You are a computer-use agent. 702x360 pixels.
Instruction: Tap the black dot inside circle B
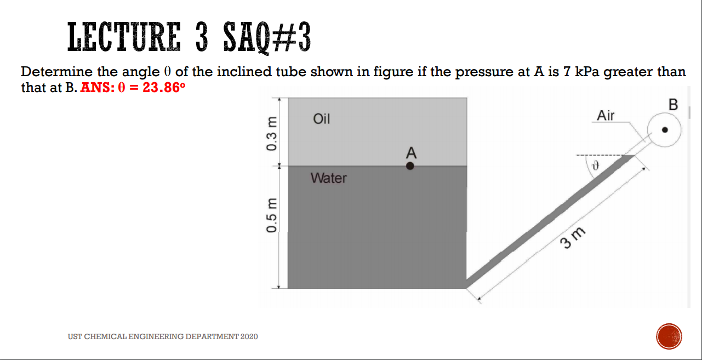(x=665, y=130)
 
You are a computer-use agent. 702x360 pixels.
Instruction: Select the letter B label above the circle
(x=674, y=104)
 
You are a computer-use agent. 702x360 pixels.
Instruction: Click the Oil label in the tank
(x=321, y=119)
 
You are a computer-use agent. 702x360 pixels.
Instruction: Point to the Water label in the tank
(x=328, y=178)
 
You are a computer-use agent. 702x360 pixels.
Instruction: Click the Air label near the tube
(x=606, y=116)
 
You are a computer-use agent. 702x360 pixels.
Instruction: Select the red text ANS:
(x=96, y=88)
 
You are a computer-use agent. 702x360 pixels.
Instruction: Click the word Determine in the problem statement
(x=52, y=72)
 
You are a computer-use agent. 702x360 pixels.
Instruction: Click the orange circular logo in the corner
(x=669, y=336)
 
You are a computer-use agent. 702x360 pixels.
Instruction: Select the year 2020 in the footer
(x=248, y=336)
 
